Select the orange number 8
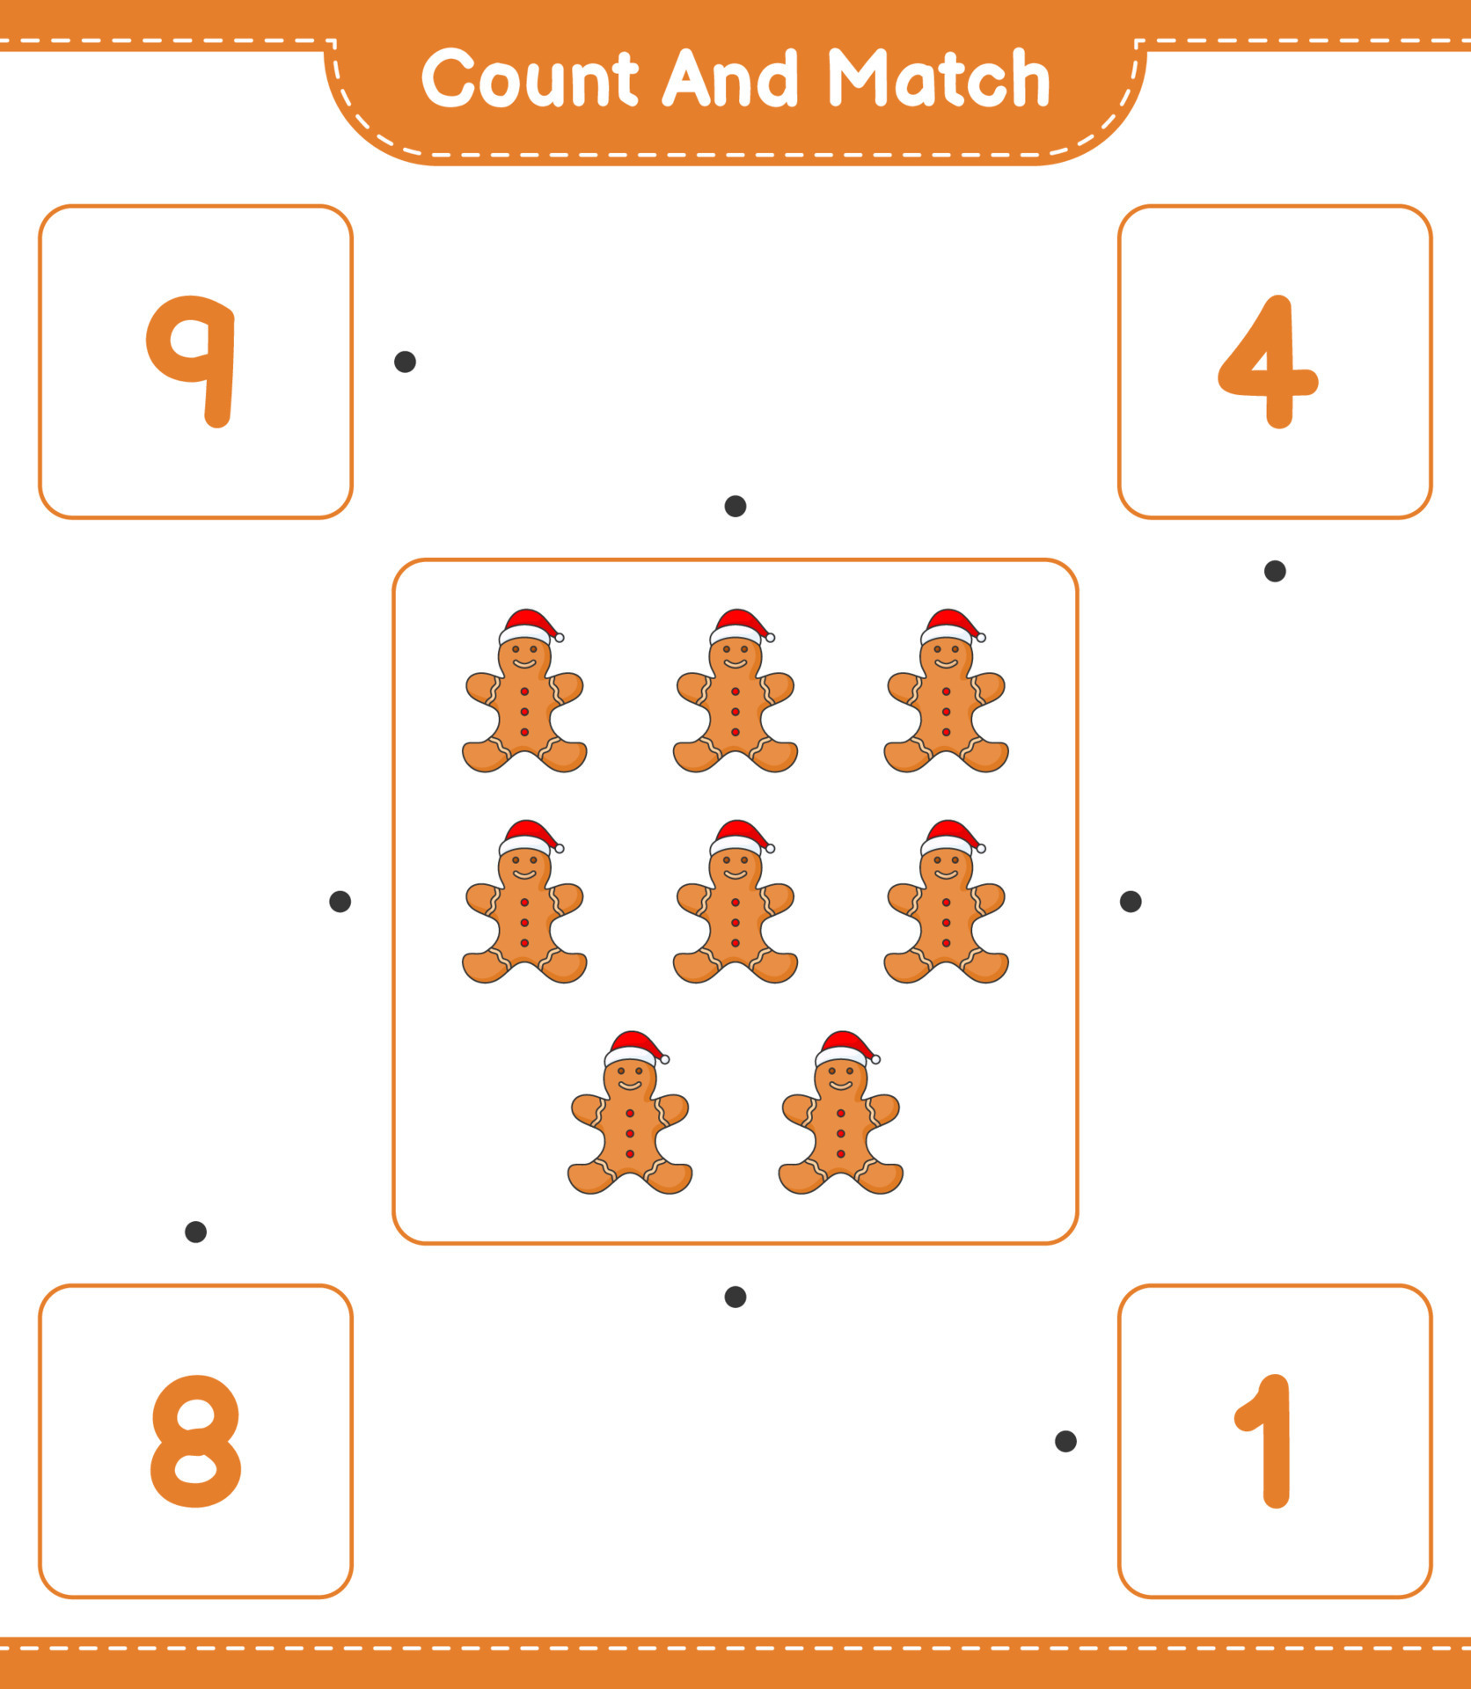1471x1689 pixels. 195,1441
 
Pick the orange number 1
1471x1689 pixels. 1268,1441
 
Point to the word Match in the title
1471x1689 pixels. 939,79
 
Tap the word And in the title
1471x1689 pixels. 730,79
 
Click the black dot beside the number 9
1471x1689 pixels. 405,362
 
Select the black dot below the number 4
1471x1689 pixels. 1275,571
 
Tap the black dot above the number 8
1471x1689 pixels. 195,1232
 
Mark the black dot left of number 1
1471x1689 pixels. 1065,1441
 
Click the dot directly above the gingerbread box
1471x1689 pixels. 735,506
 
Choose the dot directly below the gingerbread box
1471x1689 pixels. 735,1297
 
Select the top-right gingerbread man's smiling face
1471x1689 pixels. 947,656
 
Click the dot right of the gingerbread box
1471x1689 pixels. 1131,901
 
